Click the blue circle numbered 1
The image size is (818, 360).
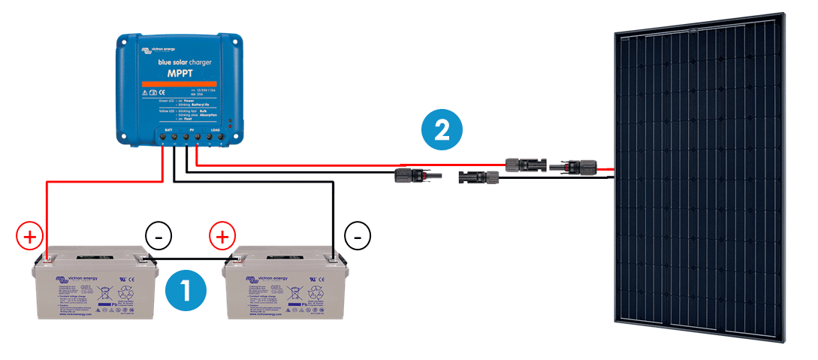pos(185,291)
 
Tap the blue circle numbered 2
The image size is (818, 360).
pos(442,131)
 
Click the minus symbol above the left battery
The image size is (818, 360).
pos(158,237)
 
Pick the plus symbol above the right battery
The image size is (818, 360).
pos(223,237)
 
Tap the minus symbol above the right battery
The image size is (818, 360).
pos(358,237)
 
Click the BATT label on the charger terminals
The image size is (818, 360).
pos(168,129)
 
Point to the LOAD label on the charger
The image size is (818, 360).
pos(216,129)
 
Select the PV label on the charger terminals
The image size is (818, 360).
pos(192,129)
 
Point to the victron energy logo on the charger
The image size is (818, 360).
pos(156,50)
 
